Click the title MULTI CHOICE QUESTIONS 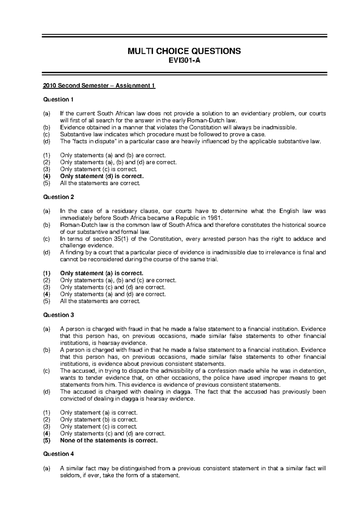(184, 51)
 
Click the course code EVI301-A (184, 61)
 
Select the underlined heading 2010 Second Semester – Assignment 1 (99, 86)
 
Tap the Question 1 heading (58, 100)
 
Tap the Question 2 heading (58, 197)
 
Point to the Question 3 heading (58, 315)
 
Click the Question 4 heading (58, 454)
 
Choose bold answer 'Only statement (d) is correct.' (102, 176)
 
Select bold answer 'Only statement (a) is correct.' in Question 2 (102, 273)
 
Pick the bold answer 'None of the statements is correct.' (109, 440)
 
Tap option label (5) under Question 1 (47, 183)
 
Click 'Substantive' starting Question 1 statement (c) (73, 135)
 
